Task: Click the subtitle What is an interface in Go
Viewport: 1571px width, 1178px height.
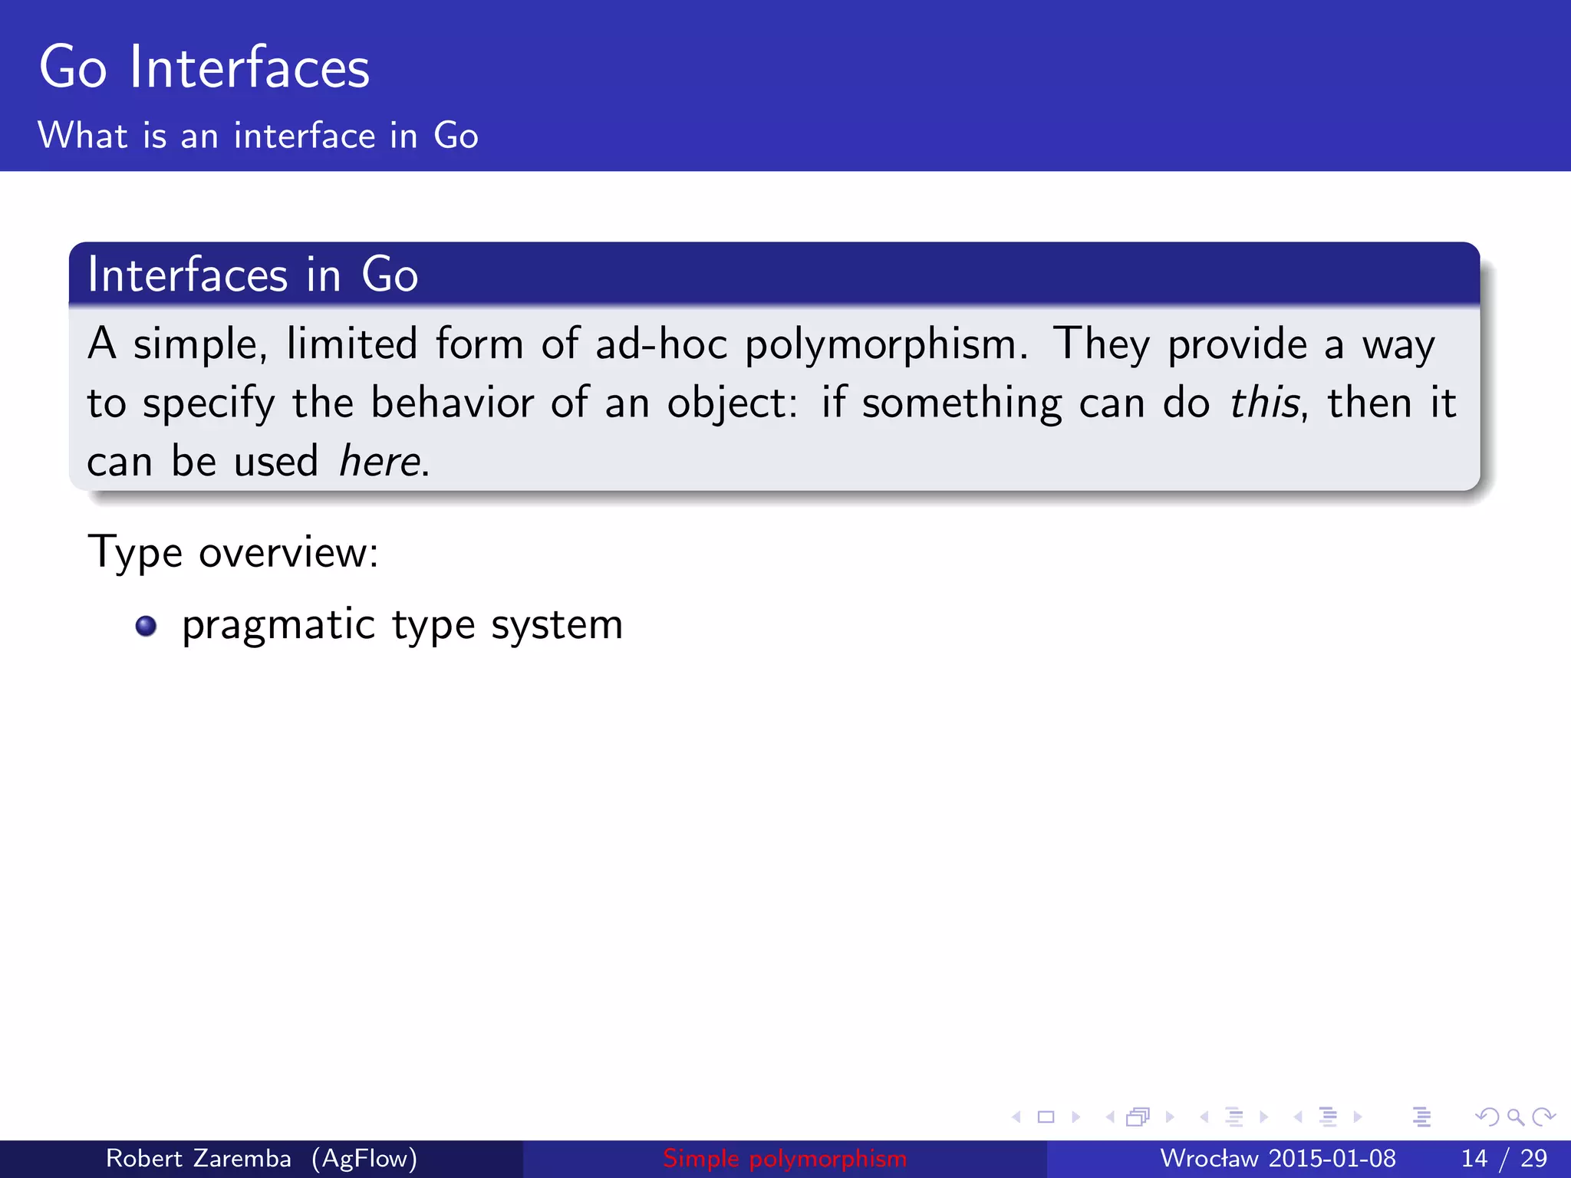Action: pyautogui.click(x=258, y=136)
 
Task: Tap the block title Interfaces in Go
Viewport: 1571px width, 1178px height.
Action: pyautogui.click(x=252, y=275)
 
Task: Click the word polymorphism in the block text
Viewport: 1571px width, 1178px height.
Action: pyautogui.click(x=885, y=344)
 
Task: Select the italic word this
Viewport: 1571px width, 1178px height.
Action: pyautogui.click(x=1265, y=403)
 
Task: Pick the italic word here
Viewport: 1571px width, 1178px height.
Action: pyautogui.click(x=380, y=462)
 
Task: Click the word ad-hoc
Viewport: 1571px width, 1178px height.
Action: pyautogui.click(x=660, y=344)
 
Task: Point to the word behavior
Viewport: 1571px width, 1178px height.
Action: pyautogui.click(x=452, y=403)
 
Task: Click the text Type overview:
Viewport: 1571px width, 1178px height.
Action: pyautogui.click(x=233, y=552)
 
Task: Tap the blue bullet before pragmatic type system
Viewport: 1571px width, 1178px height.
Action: pyautogui.click(x=146, y=627)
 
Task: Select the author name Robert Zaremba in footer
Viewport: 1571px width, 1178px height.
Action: pyautogui.click(x=198, y=1158)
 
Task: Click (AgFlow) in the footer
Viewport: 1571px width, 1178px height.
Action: pyautogui.click(x=364, y=1158)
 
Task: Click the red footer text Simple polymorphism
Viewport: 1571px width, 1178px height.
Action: pyautogui.click(x=784, y=1158)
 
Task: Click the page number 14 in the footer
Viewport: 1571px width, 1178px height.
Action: pyautogui.click(x=1474, y=1158)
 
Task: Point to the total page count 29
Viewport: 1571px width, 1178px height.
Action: pyautogui.click(x=1533, y=1158)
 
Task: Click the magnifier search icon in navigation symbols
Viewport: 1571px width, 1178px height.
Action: pyautogui.click(x=1515, y=1117)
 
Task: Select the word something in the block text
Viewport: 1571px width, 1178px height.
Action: pyautogui.click(x=962, y=403)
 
